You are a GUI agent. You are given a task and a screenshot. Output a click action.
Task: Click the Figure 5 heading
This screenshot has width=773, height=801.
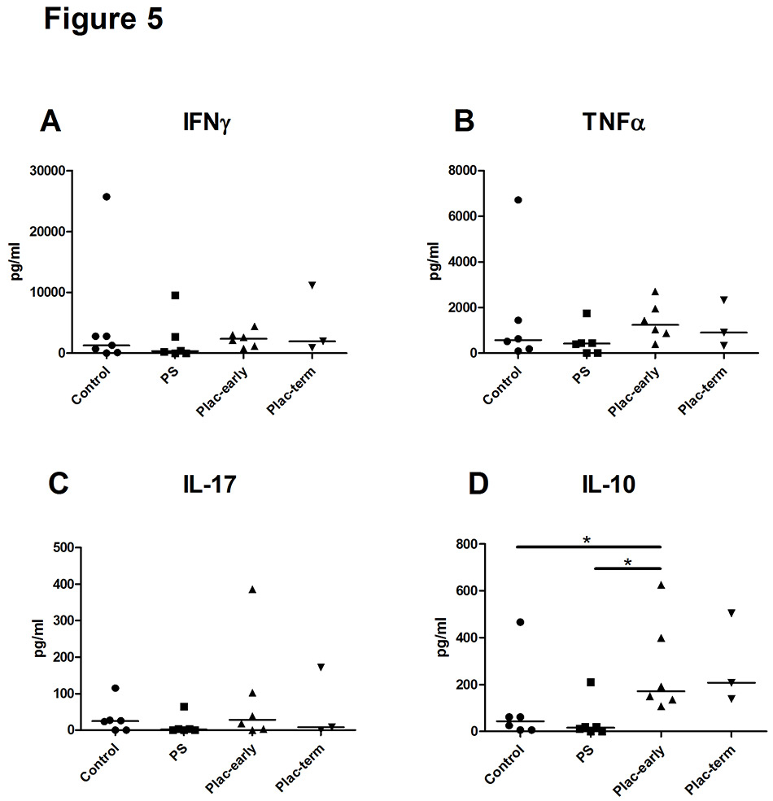point(103,20)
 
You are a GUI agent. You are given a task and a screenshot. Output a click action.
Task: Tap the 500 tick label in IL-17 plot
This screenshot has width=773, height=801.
point(50,547)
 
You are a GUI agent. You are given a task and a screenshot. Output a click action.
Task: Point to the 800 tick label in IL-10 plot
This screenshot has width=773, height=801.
point(465,544)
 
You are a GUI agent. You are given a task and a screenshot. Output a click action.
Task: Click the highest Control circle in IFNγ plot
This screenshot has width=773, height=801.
point(107,197)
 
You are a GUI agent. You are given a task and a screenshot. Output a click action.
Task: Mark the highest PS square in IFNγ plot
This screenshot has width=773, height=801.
point(174,295)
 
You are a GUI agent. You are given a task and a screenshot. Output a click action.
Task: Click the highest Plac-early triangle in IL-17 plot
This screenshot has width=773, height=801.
point(252,590)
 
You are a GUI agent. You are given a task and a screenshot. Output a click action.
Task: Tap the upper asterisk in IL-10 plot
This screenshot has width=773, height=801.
point(587,539)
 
